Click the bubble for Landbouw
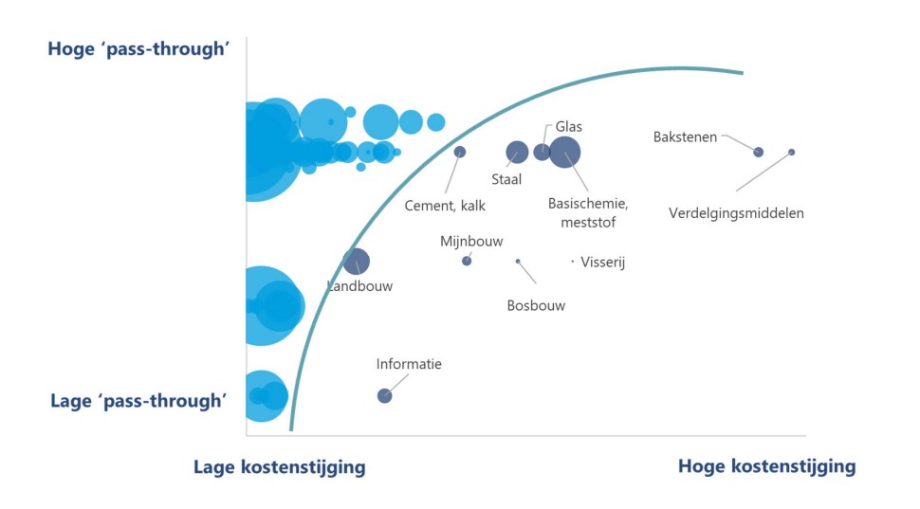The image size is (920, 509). coord(356,262)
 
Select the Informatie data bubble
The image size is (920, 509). coord(384,396)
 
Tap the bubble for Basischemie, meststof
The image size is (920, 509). coord(565,152)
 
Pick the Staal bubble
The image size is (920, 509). coord(517,152)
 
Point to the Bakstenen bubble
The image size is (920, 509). coord(758,152)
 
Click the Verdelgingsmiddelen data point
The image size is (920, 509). coord(792,152)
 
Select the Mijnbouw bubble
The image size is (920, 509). coord(467,261)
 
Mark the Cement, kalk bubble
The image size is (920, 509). coord(460,152)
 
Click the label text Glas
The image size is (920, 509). coord(569,126)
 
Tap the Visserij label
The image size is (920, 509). coord(603,263)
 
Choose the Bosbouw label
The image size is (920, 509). coord(536,305)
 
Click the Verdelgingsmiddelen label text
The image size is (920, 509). coord(736,213)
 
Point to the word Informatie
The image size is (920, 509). coord(409,364)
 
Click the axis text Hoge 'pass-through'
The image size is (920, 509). coord(139,49)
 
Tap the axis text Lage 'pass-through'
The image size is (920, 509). coord(138,401)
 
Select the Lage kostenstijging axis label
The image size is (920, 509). coord(279,466)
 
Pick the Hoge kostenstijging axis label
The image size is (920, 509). coord(766,466)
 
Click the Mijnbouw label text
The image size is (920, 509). coord(471,242)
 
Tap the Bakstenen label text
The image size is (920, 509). coord(685,136)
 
